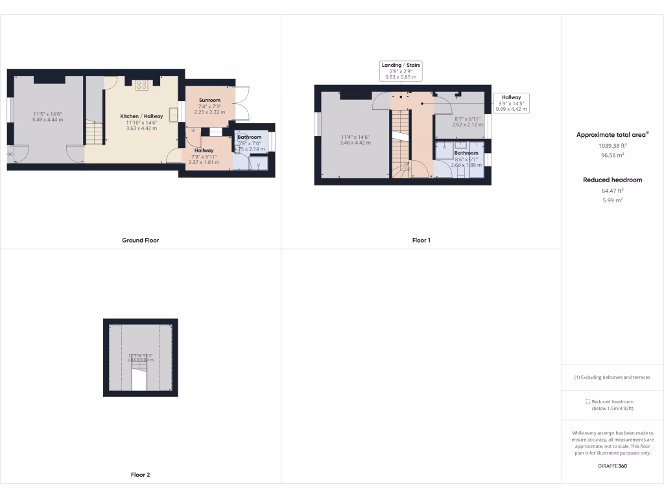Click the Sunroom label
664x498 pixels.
pos(209,101)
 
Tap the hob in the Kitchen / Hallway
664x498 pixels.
pos(142,85)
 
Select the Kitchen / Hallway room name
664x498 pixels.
pos(141,116)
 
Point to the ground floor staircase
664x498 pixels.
pos(95,134)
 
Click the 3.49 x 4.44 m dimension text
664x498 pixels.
pos(48,120)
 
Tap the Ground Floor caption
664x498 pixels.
pos(140,240)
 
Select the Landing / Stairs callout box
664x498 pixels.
pos(400,71)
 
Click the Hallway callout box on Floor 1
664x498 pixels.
pos(511,103)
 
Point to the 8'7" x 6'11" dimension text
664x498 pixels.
pos(467,119)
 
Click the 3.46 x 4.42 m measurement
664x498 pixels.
pos(355,143)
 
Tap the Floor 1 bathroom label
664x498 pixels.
pos(466,153)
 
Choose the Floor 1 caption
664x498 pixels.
pos(421,240)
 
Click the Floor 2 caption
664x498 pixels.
pos(140,475)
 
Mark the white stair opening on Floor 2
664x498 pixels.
pos(139,380)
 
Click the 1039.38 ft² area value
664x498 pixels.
pos(613,146)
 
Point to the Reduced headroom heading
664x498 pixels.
pos(612,180)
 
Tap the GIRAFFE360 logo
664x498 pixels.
pos(612,466)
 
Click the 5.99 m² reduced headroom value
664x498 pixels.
pos(613,200)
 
